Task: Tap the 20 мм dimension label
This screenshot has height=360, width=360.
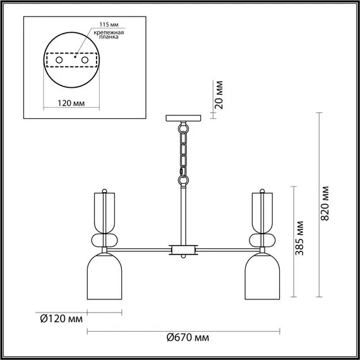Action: (x=219, y=95)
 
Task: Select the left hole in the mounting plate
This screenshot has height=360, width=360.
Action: (x=59, y=59)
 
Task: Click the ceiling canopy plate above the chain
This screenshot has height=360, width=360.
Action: (x=183, y=118)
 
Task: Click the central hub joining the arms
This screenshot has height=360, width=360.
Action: (x=183, y=250)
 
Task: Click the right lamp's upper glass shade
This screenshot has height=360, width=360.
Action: (x=261, y=208)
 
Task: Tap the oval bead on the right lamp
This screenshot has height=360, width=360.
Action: (x=260, y=241)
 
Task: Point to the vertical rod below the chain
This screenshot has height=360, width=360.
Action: (x=183, y=212)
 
